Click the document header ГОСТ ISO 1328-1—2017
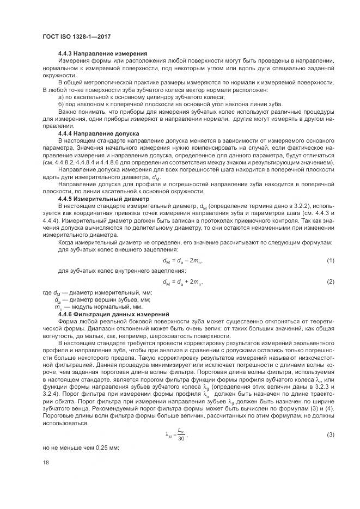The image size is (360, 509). [74, 36]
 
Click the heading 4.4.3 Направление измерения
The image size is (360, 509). [103, 53]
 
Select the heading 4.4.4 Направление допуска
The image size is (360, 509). [99, 133]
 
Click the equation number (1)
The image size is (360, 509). [330, 261]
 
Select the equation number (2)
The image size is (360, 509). [330, 282]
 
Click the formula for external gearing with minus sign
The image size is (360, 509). [182, 261]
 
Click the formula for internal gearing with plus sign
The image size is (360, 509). [182, 283]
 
